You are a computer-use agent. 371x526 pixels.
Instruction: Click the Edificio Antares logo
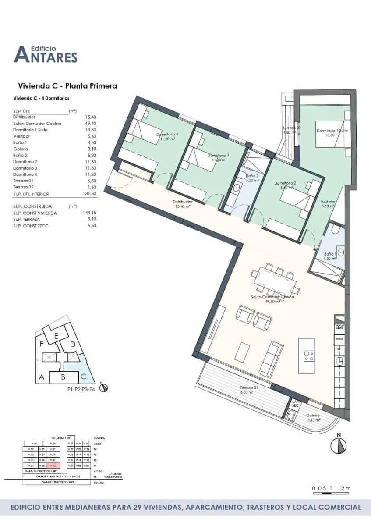point(46,54)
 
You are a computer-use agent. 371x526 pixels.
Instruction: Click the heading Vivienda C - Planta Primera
point(67,86)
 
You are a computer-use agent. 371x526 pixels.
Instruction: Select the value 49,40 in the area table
point(90,124)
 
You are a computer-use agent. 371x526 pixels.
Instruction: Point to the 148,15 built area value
point(89,213)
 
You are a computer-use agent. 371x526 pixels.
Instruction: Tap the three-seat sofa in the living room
point(271,359)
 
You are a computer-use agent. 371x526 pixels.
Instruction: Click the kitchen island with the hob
point(306,355)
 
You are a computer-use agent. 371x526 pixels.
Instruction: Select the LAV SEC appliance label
point(295,403)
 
